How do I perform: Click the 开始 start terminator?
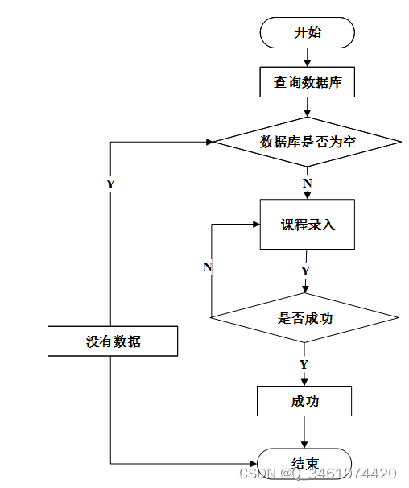coord(308,33)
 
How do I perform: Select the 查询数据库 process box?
coord(308,82)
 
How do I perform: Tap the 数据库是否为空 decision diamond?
coord(308,142)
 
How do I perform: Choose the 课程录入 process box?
coord(308,225)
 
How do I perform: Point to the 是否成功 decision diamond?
coord(304,318)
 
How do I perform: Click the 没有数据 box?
coord(113,341)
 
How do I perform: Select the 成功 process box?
coord(304,401)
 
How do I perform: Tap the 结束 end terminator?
coord(304,464)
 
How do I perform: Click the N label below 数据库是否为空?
coord(308,183)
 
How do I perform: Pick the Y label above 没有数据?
coord(111,184)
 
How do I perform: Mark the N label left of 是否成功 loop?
coord(208,267)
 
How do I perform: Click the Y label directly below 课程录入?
coord(306,271)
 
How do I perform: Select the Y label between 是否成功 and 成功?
coord(304,364)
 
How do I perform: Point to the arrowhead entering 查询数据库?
coord(308,63)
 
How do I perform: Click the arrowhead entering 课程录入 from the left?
coord(256,225)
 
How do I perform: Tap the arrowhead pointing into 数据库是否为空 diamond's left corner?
coord(209,142)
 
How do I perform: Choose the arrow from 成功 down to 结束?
coord(304,432)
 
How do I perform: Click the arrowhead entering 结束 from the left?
coord(253,464)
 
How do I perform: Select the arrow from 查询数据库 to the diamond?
coord(308,107)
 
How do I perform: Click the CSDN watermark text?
coord(318,474)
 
